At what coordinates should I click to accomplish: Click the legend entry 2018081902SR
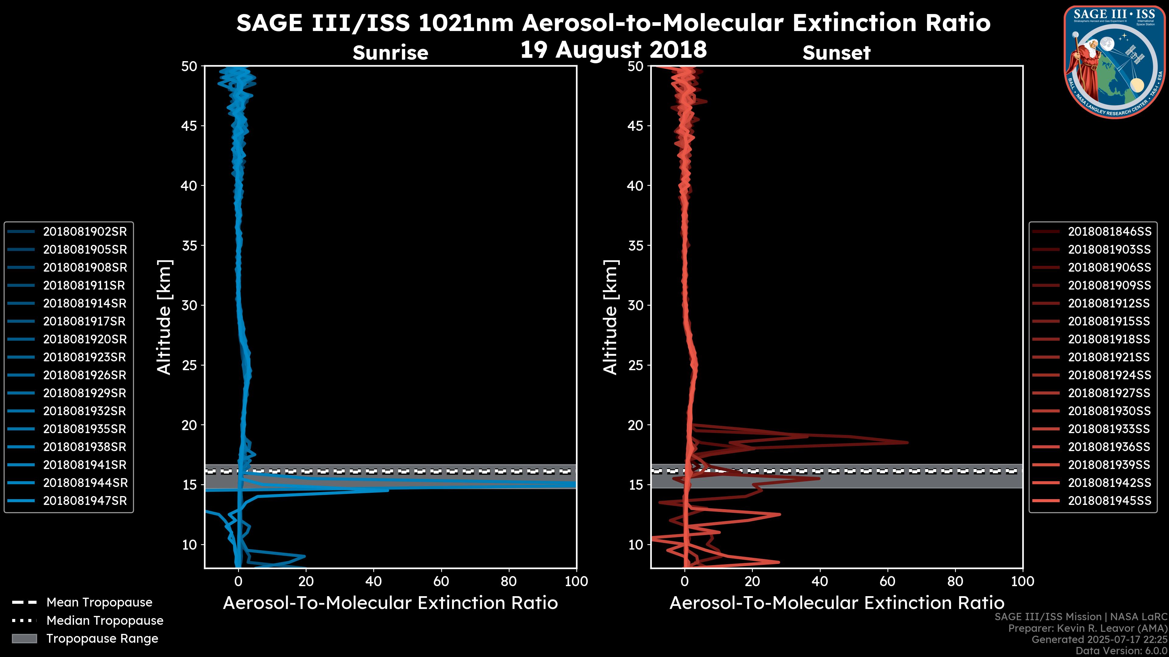tap(85, 232)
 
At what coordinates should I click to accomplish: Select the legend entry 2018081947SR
tap(85, 501)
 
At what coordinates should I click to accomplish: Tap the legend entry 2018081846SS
tap(1110, 232)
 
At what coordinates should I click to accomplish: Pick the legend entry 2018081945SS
tap(1110, 501)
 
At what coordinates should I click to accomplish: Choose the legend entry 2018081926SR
tap(85, 375)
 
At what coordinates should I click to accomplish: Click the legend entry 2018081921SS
tap(1110, 357)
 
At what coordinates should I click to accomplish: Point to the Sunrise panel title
tap(390, 53)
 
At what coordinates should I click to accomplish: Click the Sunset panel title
tap(836, 53)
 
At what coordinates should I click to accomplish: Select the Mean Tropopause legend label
tap(99, 603)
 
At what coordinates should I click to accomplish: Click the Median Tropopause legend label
tap(105, 621)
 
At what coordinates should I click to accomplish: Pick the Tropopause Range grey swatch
tap(24, 639)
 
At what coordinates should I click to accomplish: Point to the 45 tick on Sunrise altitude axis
tap(190, 126)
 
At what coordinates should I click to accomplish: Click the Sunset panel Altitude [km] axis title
tap(610, 317)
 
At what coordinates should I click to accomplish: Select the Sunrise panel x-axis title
tap(390, 603)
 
